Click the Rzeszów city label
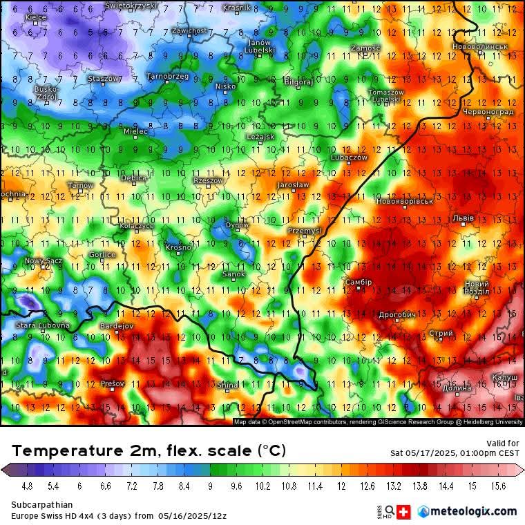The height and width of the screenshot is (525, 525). (208, 180)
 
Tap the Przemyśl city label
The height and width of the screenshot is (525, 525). (305, 230)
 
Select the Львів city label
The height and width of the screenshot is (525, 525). (463, 218)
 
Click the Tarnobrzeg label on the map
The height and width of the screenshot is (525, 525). (168, 77)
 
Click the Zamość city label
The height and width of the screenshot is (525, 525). (365, 48)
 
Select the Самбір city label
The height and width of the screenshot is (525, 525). (359, 282)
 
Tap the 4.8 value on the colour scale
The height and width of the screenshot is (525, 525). (27, 486)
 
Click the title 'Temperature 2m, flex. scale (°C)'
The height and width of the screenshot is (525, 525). (149, 450)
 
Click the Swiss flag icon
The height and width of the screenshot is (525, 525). (405, 511)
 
